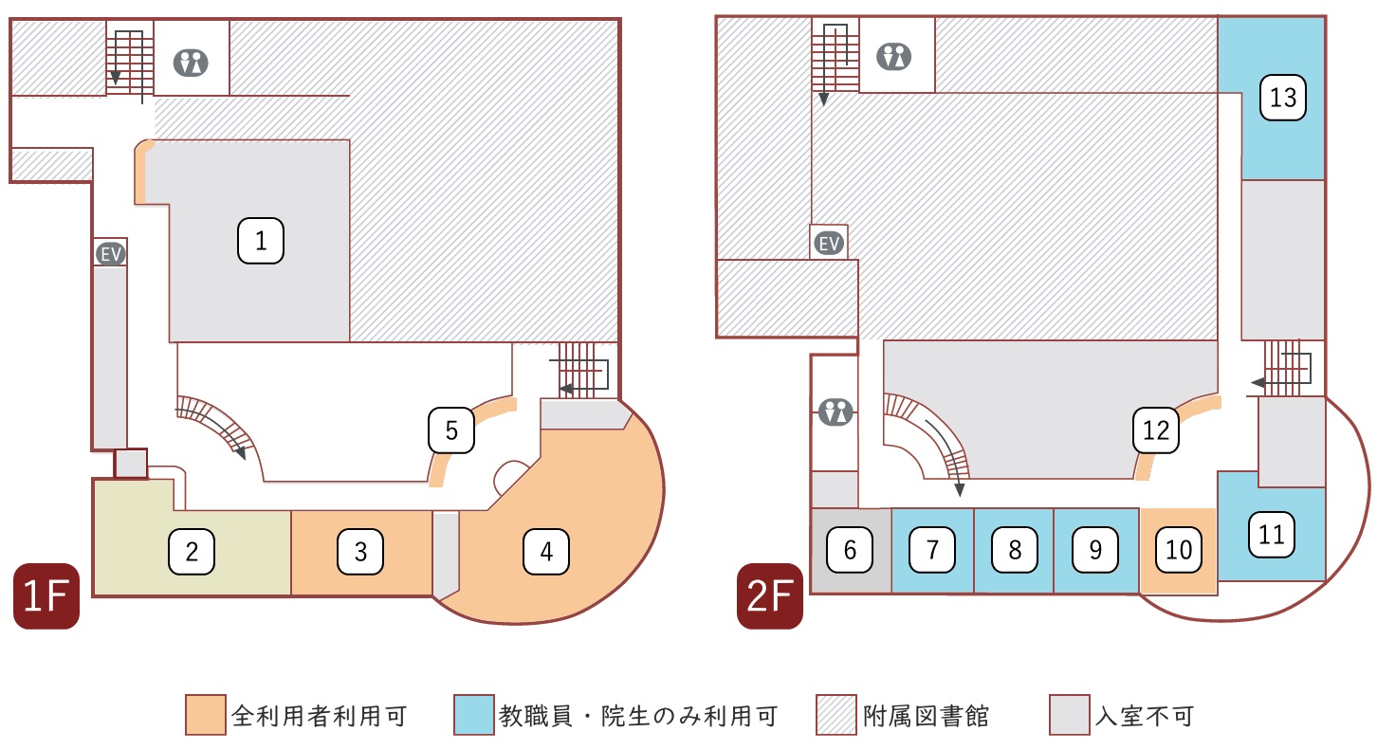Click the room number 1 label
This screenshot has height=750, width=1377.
(x=260, y=241)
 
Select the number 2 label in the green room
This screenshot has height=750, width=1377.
(x=192, y=551)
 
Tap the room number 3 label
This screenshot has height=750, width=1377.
(x=360, y=551)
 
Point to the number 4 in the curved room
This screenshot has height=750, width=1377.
(x=546, y=551)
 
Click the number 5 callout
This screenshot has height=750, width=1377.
(x=451, y=430)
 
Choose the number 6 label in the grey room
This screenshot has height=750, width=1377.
(x=850, y=549)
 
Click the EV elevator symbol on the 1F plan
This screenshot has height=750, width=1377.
(x=111, y=253)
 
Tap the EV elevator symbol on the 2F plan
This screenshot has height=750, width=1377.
(x=830, y=244)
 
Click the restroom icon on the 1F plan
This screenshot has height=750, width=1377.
(x=191, y=63)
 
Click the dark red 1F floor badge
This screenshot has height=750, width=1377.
(x=46, y=595)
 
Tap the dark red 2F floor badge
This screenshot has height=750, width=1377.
(x=770, y=595)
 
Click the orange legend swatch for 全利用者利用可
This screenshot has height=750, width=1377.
(x=206, y=715)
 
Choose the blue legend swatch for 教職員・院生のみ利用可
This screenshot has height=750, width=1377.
(x=474, y=715)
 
